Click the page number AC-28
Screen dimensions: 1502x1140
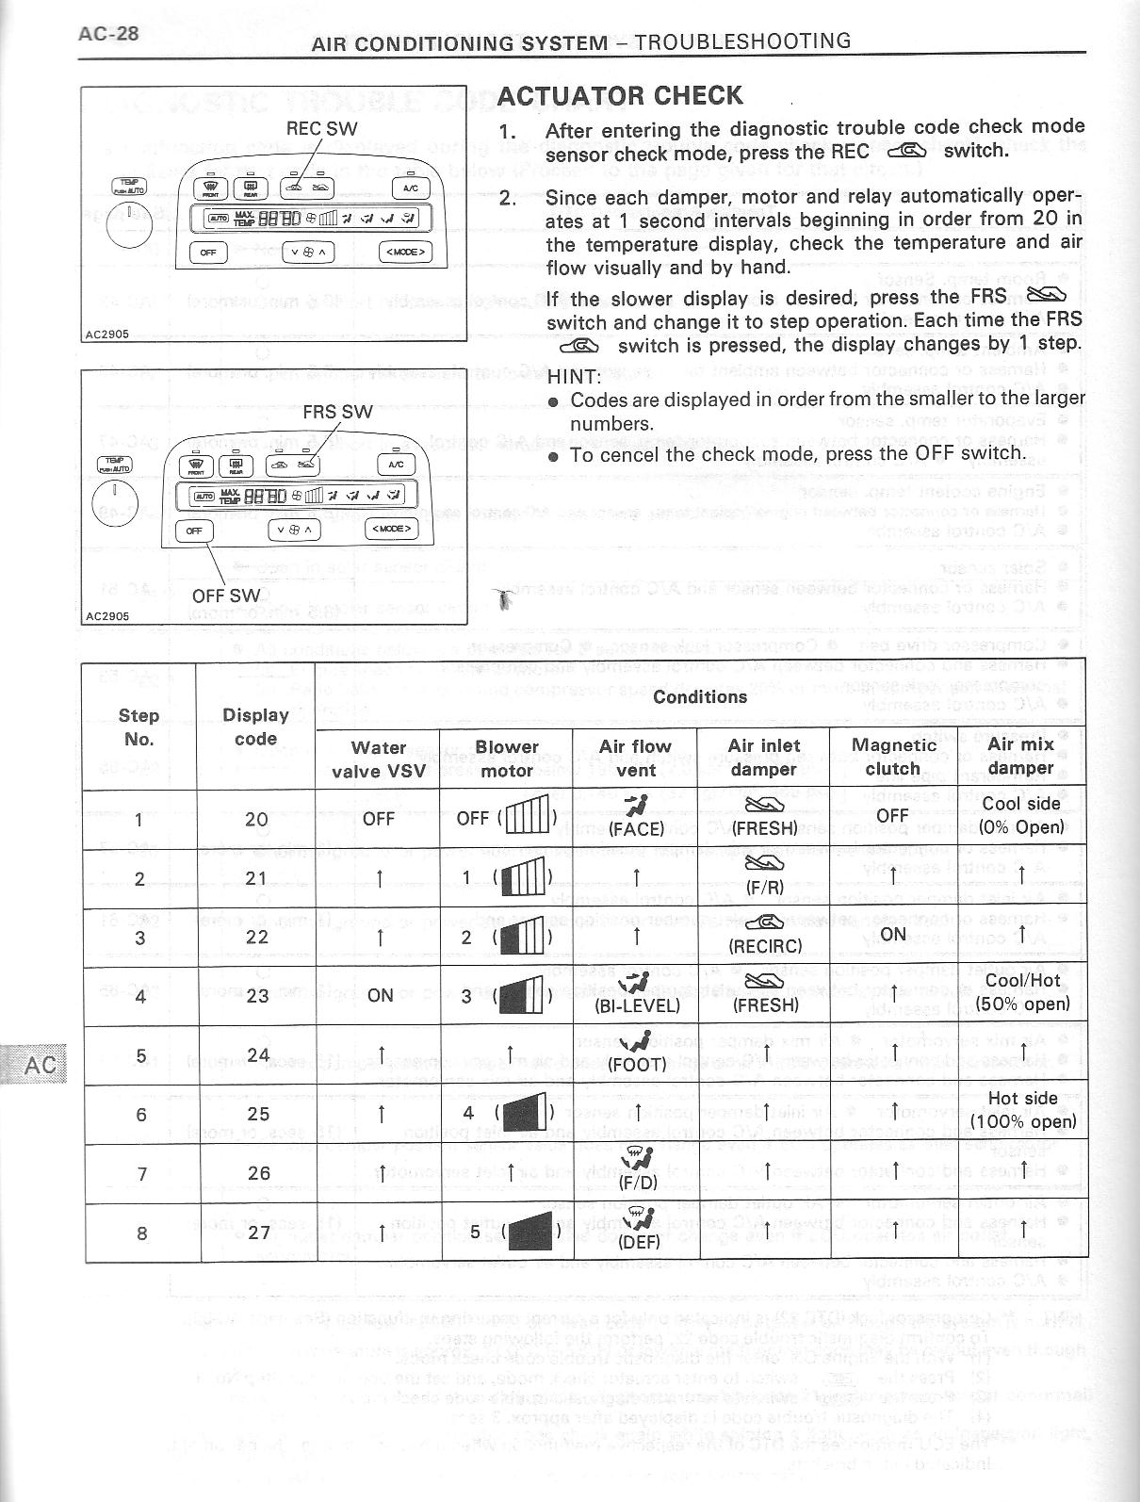(108, 34)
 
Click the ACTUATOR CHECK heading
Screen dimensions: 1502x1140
(620, 96)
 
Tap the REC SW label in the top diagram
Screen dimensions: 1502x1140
(321, 128)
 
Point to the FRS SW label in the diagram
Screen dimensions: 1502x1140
(337, 412)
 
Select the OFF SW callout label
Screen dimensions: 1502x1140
(225, 596)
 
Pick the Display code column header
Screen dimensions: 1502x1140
(255, 727)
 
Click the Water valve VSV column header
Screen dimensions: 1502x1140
(379, 759)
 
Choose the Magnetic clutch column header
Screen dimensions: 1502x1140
(893, 757)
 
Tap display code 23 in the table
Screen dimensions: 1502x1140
(256, 996)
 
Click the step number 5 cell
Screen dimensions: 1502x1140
(140, 1055)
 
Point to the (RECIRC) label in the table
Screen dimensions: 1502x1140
(765, 945)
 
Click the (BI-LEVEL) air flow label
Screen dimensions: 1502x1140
(638, 1005)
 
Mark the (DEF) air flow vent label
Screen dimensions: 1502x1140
(638, 1241)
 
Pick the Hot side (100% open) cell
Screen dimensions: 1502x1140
(1022, 1110)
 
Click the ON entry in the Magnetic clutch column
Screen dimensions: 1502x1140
(892, 935)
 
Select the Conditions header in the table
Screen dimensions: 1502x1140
(700, 696)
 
